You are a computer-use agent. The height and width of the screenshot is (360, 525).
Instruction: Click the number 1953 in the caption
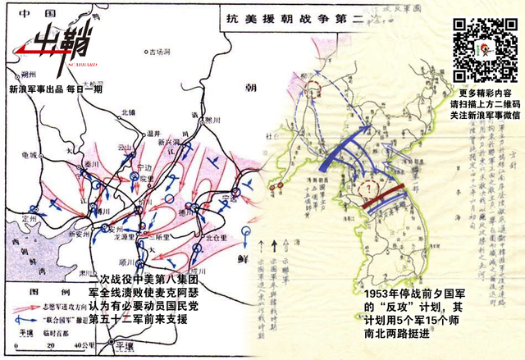click(379, 294)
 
